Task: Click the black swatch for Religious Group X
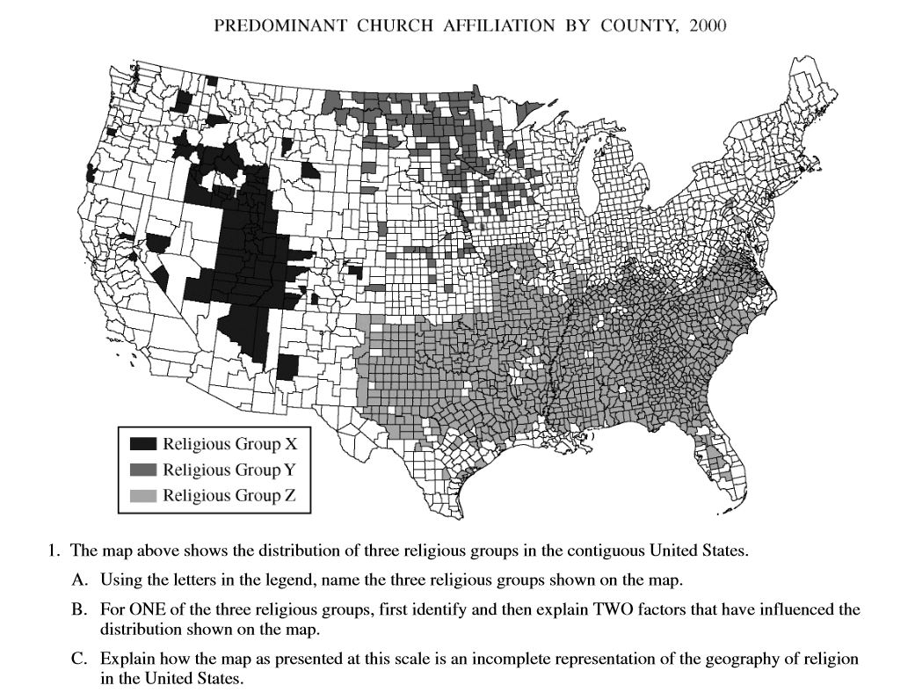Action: coord(142,444)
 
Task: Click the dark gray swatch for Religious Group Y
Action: coord(142,470)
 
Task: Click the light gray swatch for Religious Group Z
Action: coord(142,495)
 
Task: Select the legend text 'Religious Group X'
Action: coord(230,444)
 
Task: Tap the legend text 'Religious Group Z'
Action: coord(229,495)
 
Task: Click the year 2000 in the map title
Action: coord(708,26)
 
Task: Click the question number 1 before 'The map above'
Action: coord(54,552)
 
